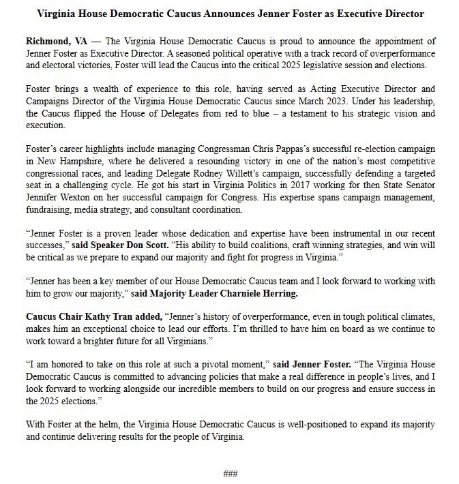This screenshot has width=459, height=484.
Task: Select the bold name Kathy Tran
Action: [93, 316]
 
